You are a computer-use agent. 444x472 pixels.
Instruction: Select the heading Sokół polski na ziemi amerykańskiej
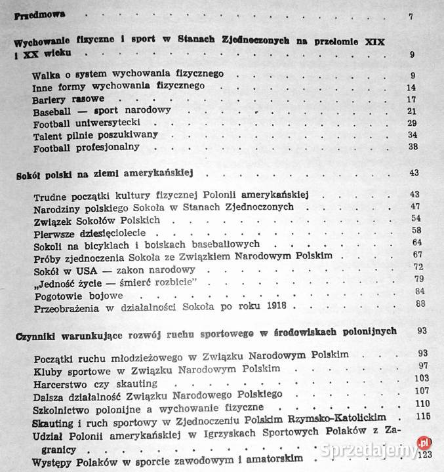(107, 174)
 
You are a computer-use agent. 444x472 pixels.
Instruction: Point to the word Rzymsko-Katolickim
(336, 418)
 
